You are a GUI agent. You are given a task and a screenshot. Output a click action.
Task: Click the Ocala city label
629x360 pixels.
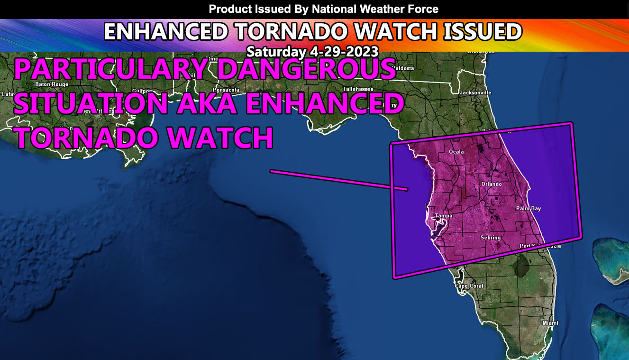click(456, 152)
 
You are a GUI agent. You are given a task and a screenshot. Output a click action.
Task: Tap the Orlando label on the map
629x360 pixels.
click(491, 184)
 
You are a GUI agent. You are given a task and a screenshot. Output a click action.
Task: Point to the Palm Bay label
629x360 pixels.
click(529, 209)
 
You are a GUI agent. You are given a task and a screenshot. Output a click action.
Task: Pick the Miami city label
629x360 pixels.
click(550, 323)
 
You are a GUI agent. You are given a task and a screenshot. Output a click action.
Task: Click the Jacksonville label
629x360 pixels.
click(475, 92)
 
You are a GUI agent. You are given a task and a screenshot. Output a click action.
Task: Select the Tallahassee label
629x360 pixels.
click(358, 89)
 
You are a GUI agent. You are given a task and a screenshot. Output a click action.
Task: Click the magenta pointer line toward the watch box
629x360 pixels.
click(338, 180)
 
